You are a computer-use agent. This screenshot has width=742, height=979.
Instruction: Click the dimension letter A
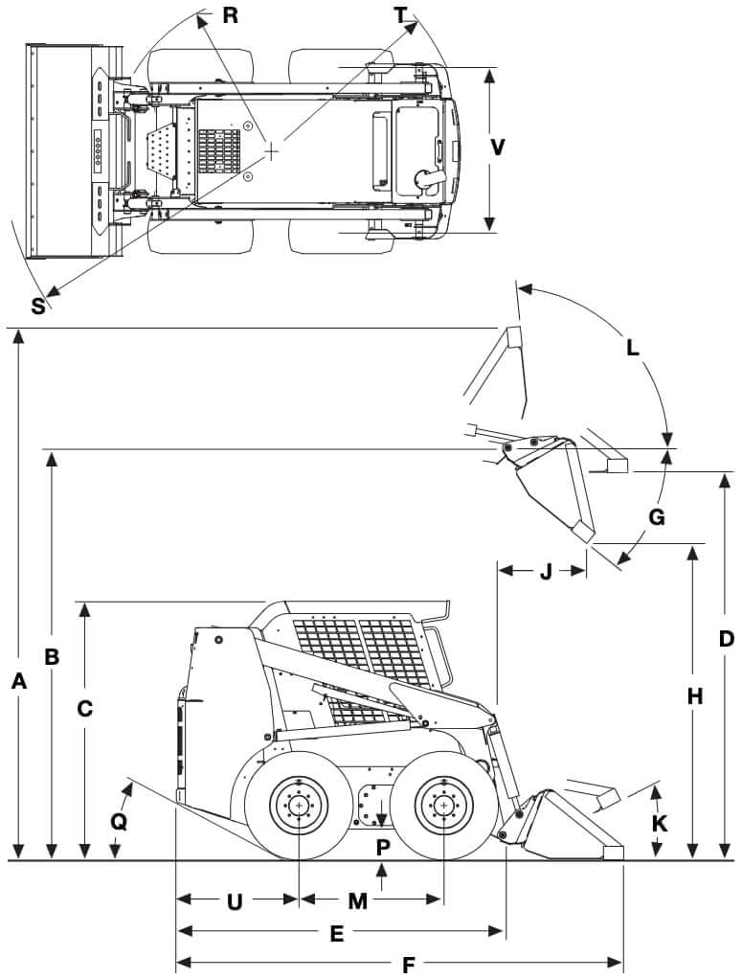coord(18,681)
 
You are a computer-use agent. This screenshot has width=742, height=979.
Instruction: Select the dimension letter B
coord(53,657)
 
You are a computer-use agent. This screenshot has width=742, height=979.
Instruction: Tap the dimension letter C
coord(85,709)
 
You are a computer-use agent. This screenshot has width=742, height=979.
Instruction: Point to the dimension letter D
coord(726,639)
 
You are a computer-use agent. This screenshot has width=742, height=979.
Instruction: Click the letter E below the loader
coord(336,933)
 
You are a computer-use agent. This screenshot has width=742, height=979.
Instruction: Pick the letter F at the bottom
coord(408,965)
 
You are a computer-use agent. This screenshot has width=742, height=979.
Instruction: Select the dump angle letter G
coord(657,517)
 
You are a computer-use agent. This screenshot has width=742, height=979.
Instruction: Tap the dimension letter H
coord(694,696)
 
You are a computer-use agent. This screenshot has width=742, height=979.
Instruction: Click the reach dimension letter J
coord(545,573)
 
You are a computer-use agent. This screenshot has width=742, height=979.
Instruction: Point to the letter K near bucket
coord(658,823)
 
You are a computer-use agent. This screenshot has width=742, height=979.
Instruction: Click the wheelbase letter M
coord(357,900)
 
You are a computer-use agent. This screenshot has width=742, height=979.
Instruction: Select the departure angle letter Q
coord(118,822)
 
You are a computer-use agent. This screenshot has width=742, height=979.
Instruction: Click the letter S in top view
coord(37,306)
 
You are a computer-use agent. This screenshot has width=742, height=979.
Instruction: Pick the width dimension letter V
coord(497,148)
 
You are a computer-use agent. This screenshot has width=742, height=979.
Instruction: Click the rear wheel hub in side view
coord(300,807)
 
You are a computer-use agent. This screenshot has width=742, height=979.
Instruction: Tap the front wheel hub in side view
coord(442,807)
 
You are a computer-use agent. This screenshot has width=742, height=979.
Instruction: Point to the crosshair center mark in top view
coord(273,150)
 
